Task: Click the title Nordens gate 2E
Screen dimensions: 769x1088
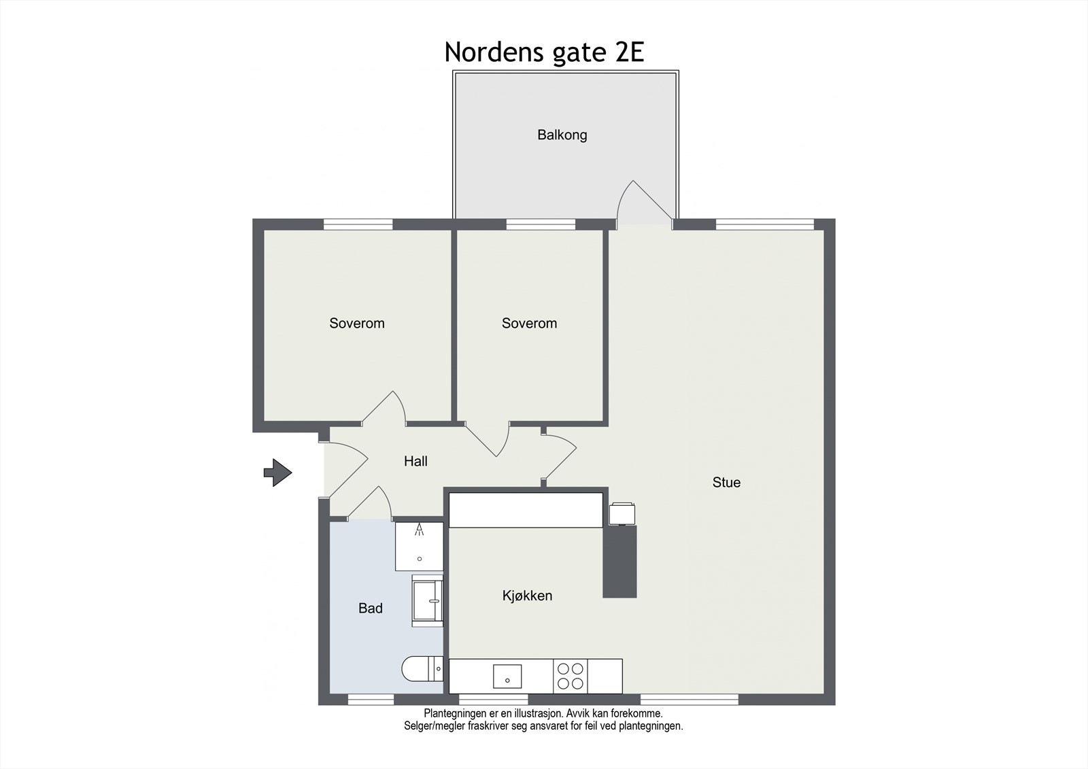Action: pyautogui.click(x=544, y=52)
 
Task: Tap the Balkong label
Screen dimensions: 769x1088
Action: pyautogui.click(x=562, y=135)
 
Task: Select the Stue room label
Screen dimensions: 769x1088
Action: pyautogui.click(x=726, y=483)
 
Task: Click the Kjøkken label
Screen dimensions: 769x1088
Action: pyautogui.click(x=527, y=596)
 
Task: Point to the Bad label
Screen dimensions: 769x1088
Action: pyautogui.click(x=371, y=609)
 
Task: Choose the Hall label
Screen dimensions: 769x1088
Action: pyautogui.click(x=415, y=462)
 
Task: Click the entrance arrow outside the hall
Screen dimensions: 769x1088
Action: pyautogui.click(x=277, y=472)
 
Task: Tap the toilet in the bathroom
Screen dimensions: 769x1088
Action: pyautogui.click(x=422, y=669)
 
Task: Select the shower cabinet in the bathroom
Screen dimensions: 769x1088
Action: pyautogui.click(x=419, y=546)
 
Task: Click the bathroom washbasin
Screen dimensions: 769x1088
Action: pyautogui.click(x=427, y=600)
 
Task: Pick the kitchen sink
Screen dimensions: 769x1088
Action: pyautogui.click(x=507, y=676)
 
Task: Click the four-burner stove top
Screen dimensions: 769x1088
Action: pyautogui.click(x=570, y=676)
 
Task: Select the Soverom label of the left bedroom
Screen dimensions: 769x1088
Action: pyautogui.click(x=357, y=324)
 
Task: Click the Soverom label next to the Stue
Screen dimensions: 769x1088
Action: pyautogui.click(x=529, y=324)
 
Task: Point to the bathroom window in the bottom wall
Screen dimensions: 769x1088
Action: pyautogui.click(x=370, y=699)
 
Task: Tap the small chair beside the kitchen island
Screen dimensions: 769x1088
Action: pyautogui.click(x=622, y=513)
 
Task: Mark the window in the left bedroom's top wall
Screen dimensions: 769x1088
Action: pyautogui.click(x=358, y=224)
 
